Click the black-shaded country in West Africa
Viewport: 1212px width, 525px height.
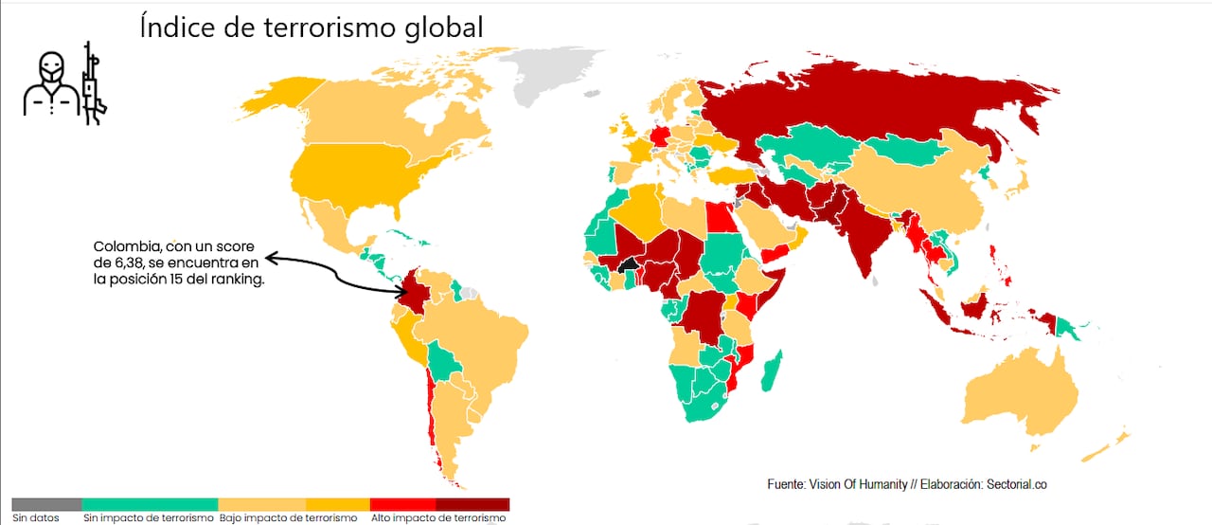[x=626, y=264]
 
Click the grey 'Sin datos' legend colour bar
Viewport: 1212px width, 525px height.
[x=46, y=504]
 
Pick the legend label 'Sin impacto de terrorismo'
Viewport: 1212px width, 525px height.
[x=149, y=518]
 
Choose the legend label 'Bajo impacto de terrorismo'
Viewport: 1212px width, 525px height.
[x=288, y=518]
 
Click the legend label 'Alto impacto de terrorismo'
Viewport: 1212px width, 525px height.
[x=437, y=518]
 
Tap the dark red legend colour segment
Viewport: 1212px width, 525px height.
[x=472, y=504]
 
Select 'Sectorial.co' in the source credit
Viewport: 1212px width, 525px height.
[x=1014, y=484]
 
